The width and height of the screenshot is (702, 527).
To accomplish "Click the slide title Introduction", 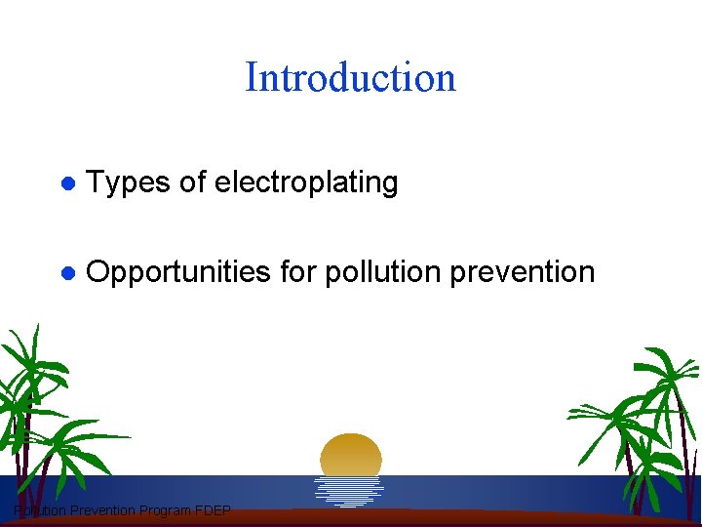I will pos(350,77).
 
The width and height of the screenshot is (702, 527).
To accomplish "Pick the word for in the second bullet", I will pos(297,271).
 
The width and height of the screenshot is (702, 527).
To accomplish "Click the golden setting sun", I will pos(351,455).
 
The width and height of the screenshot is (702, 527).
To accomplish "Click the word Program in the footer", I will pos(165,510).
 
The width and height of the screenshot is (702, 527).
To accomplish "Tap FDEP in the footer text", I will pos(212,510).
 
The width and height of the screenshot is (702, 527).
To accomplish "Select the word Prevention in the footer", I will pos(102,510).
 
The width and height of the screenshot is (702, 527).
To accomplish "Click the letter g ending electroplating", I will pos(390,185).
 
